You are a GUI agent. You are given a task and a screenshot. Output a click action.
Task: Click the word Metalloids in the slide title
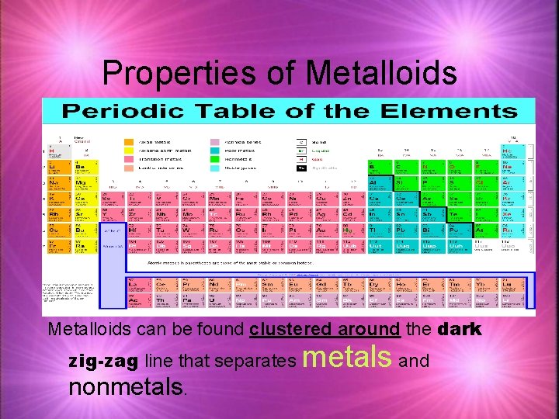tap(381, 73)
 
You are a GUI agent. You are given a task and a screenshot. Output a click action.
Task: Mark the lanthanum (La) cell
tap(136, 285)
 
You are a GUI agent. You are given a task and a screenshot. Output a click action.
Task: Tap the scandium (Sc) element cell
tap(109, 199)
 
